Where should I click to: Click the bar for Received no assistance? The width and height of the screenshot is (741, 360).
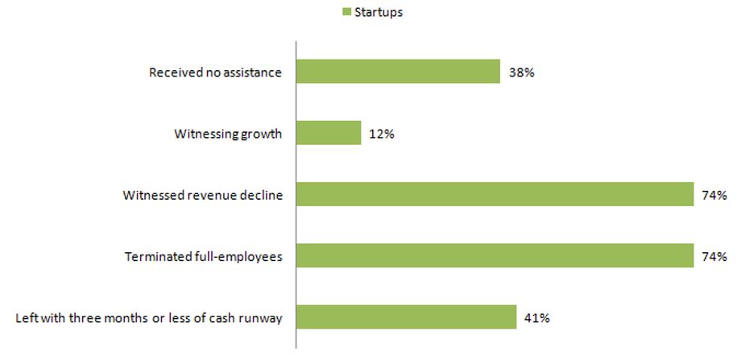(x=398, y=72)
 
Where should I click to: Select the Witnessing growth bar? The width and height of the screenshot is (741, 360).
(x=329, y=133)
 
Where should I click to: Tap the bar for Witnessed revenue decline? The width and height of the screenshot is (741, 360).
(x=495, y=194)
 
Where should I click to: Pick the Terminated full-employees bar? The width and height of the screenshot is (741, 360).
(x=495, y=255)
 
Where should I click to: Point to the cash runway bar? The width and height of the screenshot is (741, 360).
(x=407, y=317)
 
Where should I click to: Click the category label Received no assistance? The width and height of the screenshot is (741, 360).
(x=216, y=72)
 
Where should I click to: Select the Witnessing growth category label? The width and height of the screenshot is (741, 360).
(x=228, y=134)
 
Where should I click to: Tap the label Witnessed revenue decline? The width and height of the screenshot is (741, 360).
(x=203, y=196)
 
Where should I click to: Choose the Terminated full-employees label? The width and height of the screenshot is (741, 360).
(x=203, y=258)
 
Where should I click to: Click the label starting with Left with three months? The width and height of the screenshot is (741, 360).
(x=149, y=318)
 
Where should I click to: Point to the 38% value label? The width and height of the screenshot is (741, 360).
(x=522, y=72)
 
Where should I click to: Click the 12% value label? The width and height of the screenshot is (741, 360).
(x=383, y=134)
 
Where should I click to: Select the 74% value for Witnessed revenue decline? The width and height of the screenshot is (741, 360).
(x=714, y=196)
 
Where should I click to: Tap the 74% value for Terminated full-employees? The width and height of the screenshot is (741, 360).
(x=714, y=257)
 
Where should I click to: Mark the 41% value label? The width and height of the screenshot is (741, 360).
(x=537, y=318)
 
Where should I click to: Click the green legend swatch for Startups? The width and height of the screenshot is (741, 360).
(x=346, y=12)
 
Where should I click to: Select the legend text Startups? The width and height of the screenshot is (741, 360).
(x=379, y=13)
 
